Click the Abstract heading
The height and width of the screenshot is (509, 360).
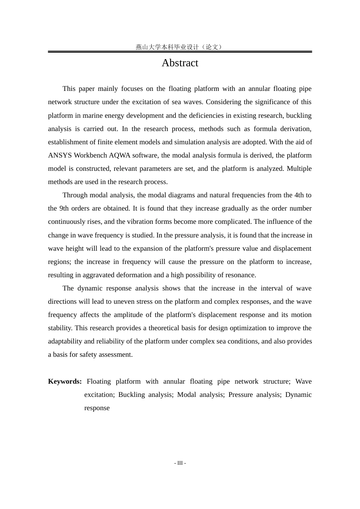tap(180, 63)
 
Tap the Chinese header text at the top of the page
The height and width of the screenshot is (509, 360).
tap(180, 47)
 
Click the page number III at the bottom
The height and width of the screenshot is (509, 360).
tap(180, 463)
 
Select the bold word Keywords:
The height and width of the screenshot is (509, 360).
tap(65, 381)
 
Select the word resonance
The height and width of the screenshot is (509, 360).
tap(241, 275)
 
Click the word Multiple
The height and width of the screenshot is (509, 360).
tap(299, 169)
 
